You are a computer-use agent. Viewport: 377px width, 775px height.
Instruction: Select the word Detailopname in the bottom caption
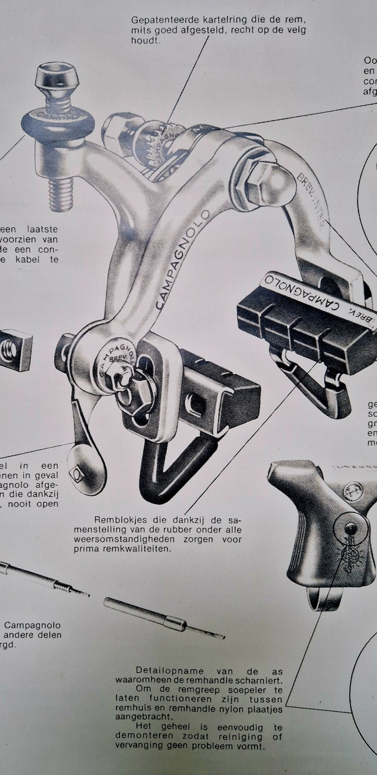[167, 671]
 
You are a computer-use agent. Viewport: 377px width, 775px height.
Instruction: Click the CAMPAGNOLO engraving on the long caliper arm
[184, 258]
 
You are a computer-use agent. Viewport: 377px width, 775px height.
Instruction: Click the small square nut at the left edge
[14, 350]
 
